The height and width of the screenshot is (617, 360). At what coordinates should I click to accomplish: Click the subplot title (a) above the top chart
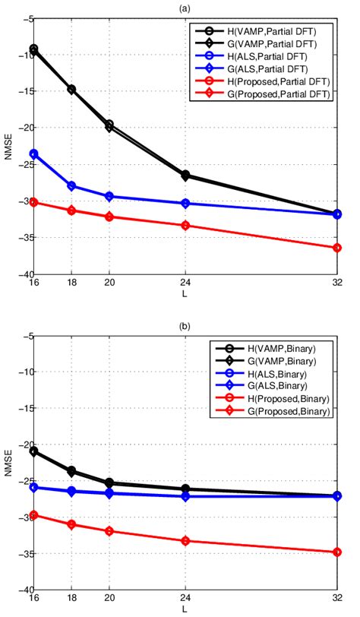185,8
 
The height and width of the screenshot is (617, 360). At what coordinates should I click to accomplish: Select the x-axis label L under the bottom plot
185,610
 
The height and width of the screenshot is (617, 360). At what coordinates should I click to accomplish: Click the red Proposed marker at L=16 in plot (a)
33,202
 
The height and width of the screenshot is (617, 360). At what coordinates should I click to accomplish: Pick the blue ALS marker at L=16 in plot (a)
33,153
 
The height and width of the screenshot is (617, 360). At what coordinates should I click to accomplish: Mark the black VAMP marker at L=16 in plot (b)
33,451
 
